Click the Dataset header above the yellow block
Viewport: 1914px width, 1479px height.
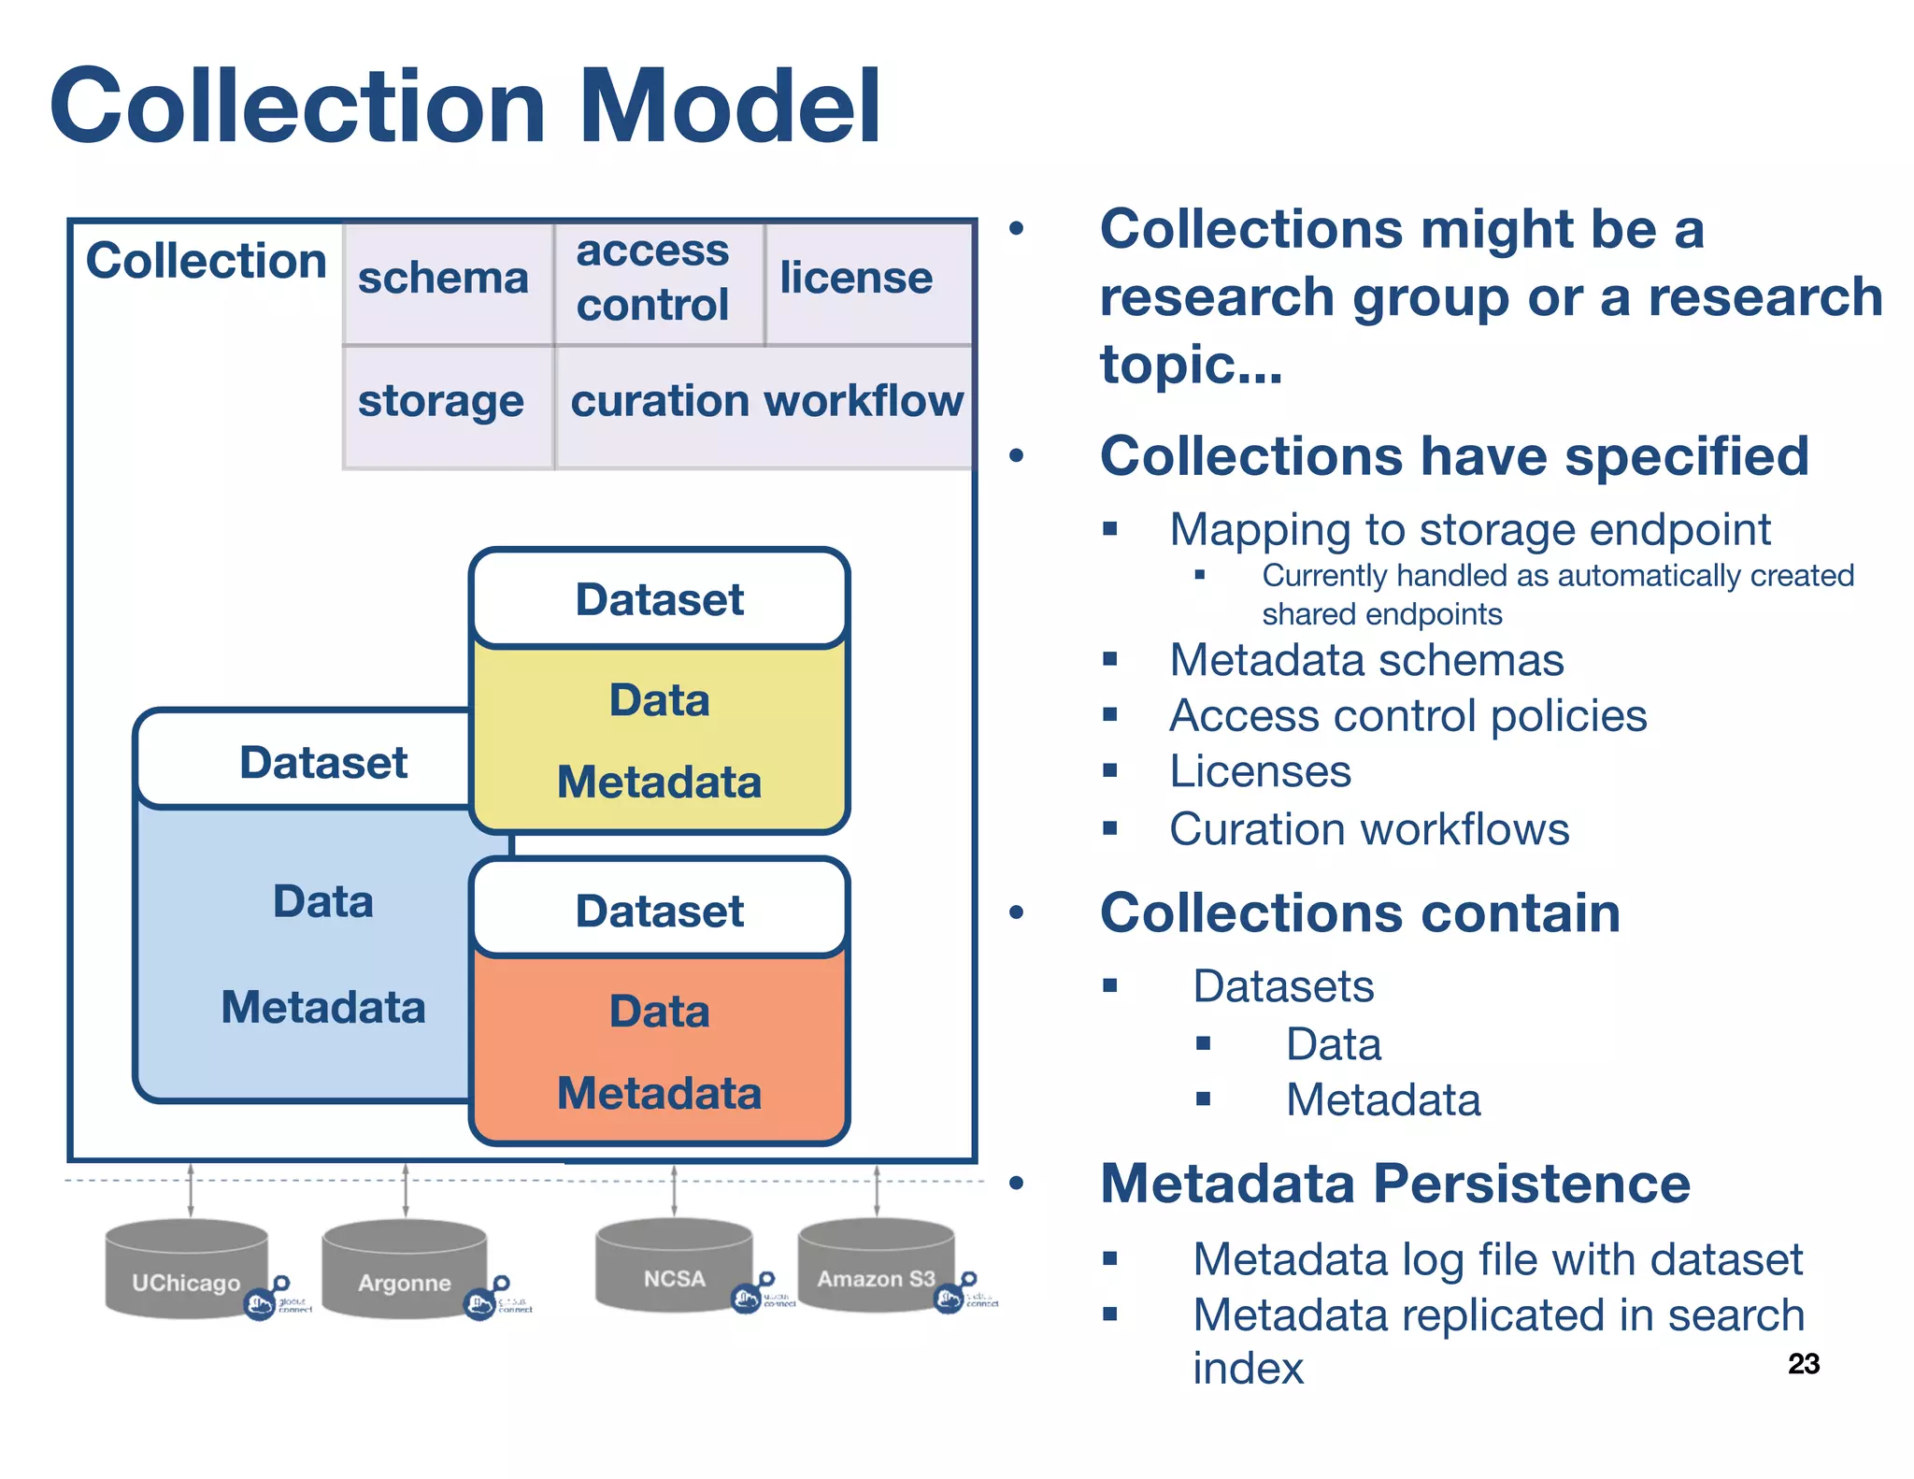[659, 599]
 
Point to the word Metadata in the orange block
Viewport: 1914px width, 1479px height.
[659, 1093]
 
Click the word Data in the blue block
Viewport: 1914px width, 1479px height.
[322, 902]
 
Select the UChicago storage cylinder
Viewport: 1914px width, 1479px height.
[186, 1270]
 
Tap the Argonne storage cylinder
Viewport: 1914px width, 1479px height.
[404, 1270]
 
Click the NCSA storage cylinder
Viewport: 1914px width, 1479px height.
[674, 1266]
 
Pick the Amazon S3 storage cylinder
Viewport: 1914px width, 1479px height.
[876, 1266]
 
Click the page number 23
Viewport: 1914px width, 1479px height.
[1803, 1364]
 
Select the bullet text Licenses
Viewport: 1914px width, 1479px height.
[1260, 772]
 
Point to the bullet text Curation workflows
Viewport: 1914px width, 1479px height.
[1369, 829]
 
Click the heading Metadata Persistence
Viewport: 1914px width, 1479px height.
[1394, 1184]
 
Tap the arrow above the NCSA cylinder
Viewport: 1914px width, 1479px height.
[674, 1190]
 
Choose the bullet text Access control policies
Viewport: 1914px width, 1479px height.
[1407, 716]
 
